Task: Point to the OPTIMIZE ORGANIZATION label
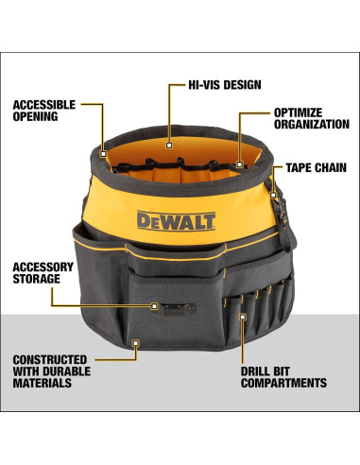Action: coord(304,117)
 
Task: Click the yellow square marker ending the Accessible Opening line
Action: coord(102,147)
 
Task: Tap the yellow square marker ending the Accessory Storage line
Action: coord(155,305)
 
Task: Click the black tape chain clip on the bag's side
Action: coord(275,197)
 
